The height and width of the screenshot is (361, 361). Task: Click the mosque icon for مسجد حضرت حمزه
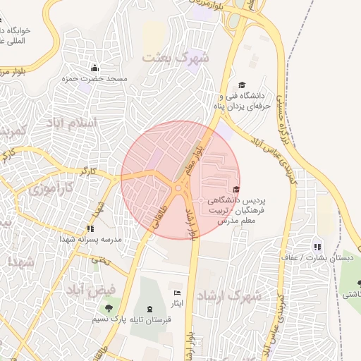point(94,68)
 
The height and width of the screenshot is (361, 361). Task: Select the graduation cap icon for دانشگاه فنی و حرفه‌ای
point(242,85)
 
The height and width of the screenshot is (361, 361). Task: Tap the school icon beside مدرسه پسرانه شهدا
point(90,228)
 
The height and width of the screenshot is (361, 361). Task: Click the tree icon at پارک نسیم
point(108,308)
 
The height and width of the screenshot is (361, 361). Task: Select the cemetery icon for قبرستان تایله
point(149,309)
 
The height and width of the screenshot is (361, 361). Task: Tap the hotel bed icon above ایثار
point(177,293)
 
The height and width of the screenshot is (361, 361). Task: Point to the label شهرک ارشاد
point(230,295)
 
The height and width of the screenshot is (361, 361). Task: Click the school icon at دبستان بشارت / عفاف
point(317,247)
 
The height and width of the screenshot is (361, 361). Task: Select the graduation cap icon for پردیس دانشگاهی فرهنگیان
point(235,189)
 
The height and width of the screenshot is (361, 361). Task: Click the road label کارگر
point(88,171)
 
